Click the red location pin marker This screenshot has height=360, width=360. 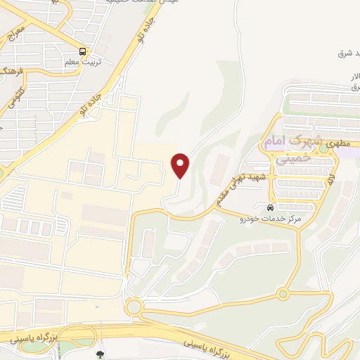181,166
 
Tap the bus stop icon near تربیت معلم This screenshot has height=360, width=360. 83,51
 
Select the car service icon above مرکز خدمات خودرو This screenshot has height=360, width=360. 271,208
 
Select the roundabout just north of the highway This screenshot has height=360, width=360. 133,307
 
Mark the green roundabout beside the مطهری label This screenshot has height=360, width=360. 324,148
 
